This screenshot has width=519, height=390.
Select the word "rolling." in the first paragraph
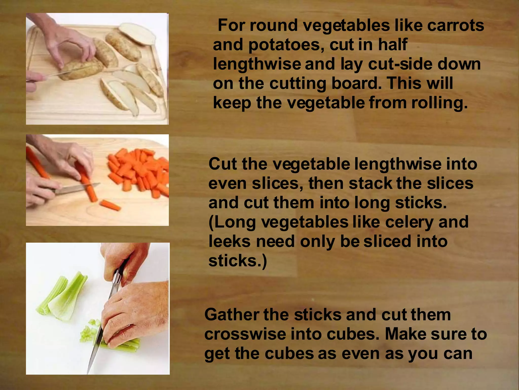pyautogui.click(x=439, y=103)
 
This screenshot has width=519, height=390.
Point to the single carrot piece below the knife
pyautogui.click(x=110, y=205)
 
